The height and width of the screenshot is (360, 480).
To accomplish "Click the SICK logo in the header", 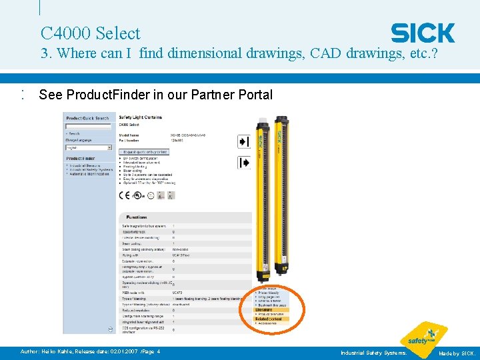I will click(423, 33).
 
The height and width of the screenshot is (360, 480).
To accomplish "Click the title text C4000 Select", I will click(90, 33).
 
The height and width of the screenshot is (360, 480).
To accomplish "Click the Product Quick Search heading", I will click(87, 118).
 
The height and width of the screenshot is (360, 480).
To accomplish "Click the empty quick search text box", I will click(87, 125).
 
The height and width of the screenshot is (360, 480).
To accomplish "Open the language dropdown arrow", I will click(109, 147).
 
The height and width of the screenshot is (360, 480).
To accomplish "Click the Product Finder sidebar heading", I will click(79, 158).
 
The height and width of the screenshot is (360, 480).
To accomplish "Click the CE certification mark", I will click(124, 195).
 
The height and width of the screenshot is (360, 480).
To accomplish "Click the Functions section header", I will click(137, 217).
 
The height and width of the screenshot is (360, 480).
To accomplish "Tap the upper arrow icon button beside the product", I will click(243, 141).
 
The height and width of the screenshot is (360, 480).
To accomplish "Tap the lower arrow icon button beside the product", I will click(243, 162).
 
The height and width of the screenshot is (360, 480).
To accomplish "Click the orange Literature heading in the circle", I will click(264, 309).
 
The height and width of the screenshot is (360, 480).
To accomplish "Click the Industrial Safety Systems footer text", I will click(373, 352).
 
